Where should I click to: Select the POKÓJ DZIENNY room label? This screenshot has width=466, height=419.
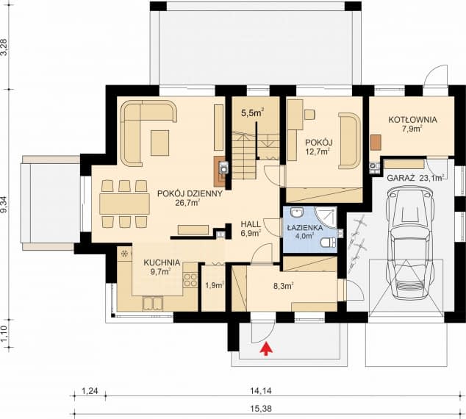coord(189,194)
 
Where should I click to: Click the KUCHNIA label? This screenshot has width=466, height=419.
coord(162,261)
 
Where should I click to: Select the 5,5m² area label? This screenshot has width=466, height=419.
coord(252,112)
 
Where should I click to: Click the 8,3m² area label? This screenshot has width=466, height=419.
coord(283,285)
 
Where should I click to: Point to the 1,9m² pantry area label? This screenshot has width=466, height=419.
coord(214,285)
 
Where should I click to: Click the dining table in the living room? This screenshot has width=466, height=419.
coord(124,203)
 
